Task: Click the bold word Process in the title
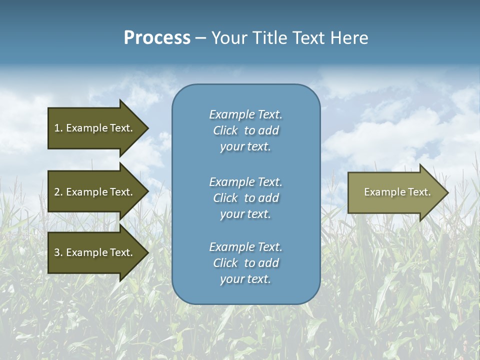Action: [x=157, y=38]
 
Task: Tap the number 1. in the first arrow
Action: [x=58, y=128]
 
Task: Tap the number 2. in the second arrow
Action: [x=58, y=192]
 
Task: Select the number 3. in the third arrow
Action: [x=58, y=252]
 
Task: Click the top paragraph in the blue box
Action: [x=245, y=130]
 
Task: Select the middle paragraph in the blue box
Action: [x=245, y=198]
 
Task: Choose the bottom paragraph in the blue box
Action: [x=245, y=263]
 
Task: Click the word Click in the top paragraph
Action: [x=225, y=130]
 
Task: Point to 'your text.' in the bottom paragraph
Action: [x=245, y=279]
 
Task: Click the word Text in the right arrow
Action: [x=418, y=192]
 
